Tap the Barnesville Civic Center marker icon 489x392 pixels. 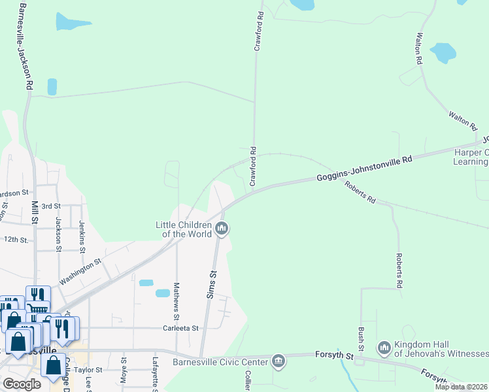tap(278, 361)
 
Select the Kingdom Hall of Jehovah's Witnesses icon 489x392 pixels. tap(384, 347)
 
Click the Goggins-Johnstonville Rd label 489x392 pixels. tap(365, 169)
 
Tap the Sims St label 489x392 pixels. tap(211, 285)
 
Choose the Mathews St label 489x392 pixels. tap(176, 297)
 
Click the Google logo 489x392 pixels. tap(22, 384)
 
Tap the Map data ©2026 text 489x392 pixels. tap(460, 387)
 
